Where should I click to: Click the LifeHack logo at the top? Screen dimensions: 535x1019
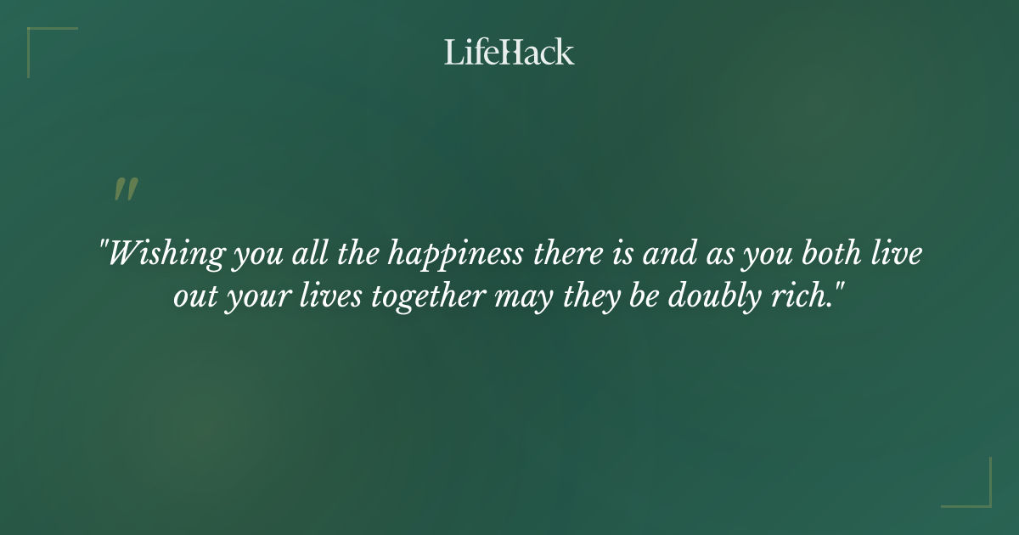click(509, 53)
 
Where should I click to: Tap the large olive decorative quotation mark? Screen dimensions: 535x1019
click(126, 190)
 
